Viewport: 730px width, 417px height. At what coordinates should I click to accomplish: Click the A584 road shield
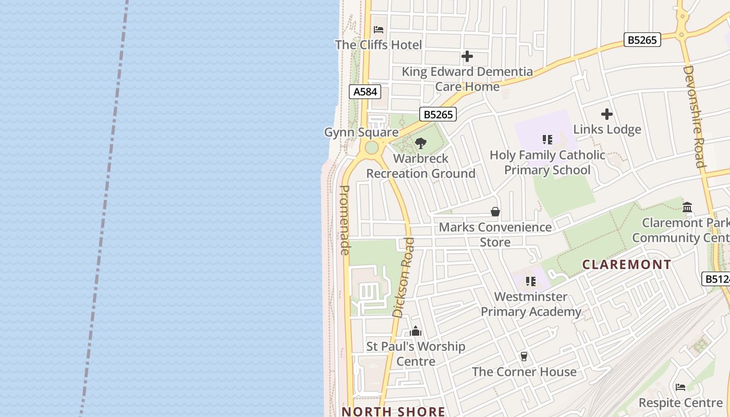[365, 92]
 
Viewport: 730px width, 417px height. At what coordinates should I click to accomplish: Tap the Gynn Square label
[361, 132]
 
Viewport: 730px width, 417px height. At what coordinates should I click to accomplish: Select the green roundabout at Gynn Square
[371, 148]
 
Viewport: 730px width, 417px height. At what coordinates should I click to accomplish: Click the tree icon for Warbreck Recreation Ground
[421, 143]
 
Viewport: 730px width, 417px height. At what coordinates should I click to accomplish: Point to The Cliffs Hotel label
[378, 45]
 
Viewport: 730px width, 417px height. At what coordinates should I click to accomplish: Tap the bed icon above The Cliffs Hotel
[379, 30]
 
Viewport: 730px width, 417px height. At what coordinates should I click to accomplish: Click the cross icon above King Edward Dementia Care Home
[467, 56]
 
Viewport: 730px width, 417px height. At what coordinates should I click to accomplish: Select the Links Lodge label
[607, 129]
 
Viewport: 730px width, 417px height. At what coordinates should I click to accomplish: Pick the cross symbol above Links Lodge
[607, 114]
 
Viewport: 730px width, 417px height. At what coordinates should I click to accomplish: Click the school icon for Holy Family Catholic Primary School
[547, 140]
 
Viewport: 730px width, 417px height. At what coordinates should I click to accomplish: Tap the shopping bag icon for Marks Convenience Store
[495, 212]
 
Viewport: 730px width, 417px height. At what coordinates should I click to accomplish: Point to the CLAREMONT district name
[627, 265]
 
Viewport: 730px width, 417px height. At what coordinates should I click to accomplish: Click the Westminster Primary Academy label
[531, 304]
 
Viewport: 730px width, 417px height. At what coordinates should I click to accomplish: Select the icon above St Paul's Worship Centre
[416, 332]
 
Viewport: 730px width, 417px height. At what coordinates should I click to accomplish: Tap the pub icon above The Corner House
[524, 357]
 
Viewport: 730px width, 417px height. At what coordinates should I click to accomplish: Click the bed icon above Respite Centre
[680, 387]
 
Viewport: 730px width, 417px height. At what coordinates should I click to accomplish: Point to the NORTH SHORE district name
[394, 411]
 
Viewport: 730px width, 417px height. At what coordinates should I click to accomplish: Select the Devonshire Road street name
[694, 117]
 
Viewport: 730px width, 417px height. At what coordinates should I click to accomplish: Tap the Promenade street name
[344, 220]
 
